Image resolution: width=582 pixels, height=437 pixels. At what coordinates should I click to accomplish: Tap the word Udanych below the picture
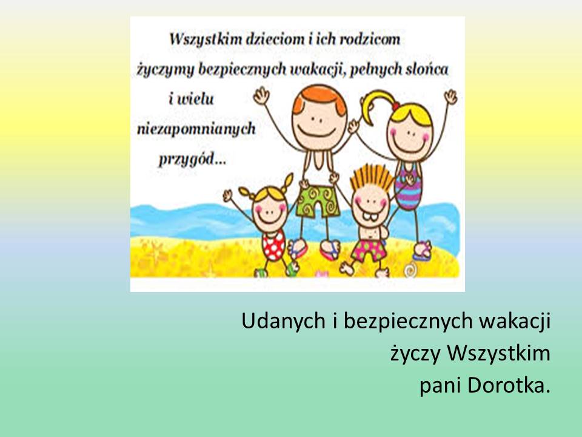pyautogui.click(x=284, y=320)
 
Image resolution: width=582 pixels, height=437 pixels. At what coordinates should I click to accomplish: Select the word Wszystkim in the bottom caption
pyautogui.click(x=498, y=353)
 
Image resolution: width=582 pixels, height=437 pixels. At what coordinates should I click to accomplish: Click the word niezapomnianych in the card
pyautogui.click(x=196, y=129)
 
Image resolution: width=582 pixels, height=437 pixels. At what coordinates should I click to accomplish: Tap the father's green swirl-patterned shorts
pyautogui.click(x=318, y=201)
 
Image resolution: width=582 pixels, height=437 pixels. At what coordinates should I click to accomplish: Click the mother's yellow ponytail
pyautogui.click(x=376, y=105)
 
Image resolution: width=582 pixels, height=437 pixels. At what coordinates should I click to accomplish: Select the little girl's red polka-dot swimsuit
pyautogui.click(x=273, y=245)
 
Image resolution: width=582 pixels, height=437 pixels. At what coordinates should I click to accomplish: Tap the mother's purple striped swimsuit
pyautogui.click(x=408, y=185)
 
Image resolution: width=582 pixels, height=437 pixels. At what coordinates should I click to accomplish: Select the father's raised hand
pyautogui.click(x=261, y=96)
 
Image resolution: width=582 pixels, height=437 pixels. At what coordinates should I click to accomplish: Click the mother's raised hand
pyautogui.click(x=451, y=97)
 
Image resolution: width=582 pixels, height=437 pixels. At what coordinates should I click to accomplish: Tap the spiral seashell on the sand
pyautogui.click(x=410, y=269)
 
